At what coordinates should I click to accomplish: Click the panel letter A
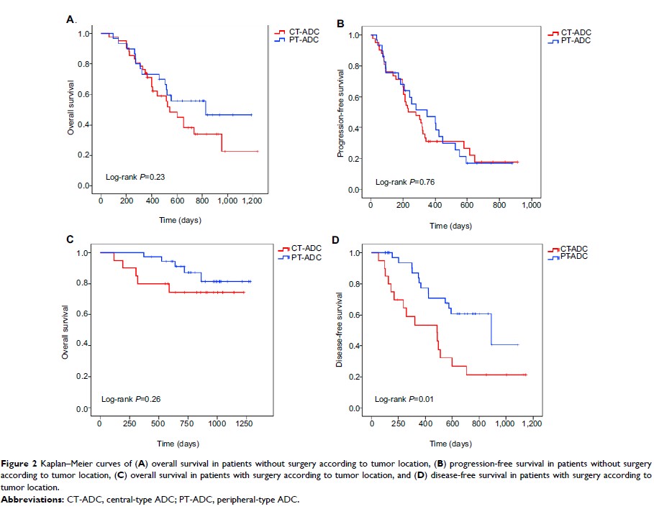pyautogui.click(x=70, y=19)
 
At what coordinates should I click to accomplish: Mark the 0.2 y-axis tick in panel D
pyautogui.click(x=358, y=377)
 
